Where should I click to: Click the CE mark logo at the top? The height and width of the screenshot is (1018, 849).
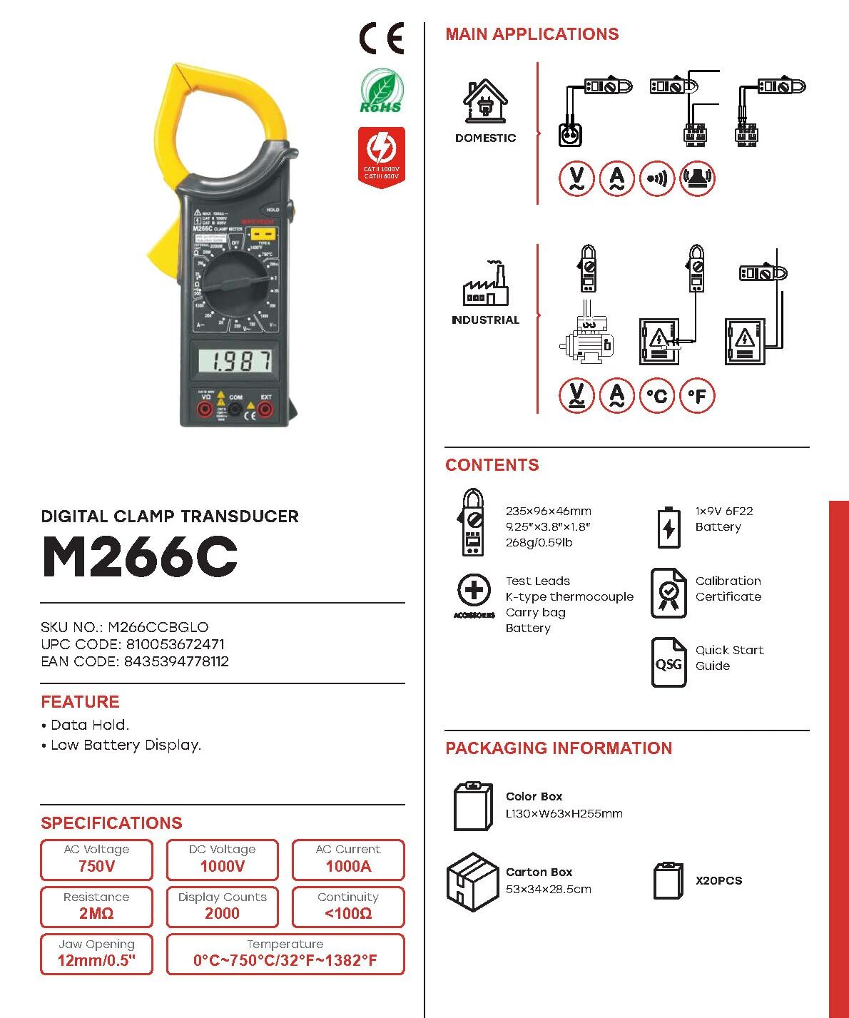(382, 39)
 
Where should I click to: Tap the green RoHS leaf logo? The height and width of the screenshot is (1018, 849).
(381, 91)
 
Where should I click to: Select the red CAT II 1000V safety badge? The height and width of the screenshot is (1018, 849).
(381, 157)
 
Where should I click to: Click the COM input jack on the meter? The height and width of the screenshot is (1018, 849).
(235, 409)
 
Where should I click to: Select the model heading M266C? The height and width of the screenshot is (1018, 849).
(140, 556)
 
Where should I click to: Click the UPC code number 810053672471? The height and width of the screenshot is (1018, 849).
(176, 644)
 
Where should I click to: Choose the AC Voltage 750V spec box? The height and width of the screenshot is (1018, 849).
(96, 859)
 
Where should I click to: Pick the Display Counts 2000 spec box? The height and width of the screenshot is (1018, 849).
(222, 906)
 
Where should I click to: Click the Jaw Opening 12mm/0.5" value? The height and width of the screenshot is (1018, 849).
(96, 960)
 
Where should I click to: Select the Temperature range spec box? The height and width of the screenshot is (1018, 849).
(285, 954)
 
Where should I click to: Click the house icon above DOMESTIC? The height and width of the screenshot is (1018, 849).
(485, 101)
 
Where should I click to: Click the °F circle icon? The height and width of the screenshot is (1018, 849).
(697, 395)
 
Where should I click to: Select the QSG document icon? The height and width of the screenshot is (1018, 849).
(668, 663)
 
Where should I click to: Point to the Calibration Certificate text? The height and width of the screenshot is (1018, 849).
(728, 589)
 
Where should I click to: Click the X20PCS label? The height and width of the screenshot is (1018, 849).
(718, 881)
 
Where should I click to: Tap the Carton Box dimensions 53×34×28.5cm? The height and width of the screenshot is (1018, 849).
(548, 890)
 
